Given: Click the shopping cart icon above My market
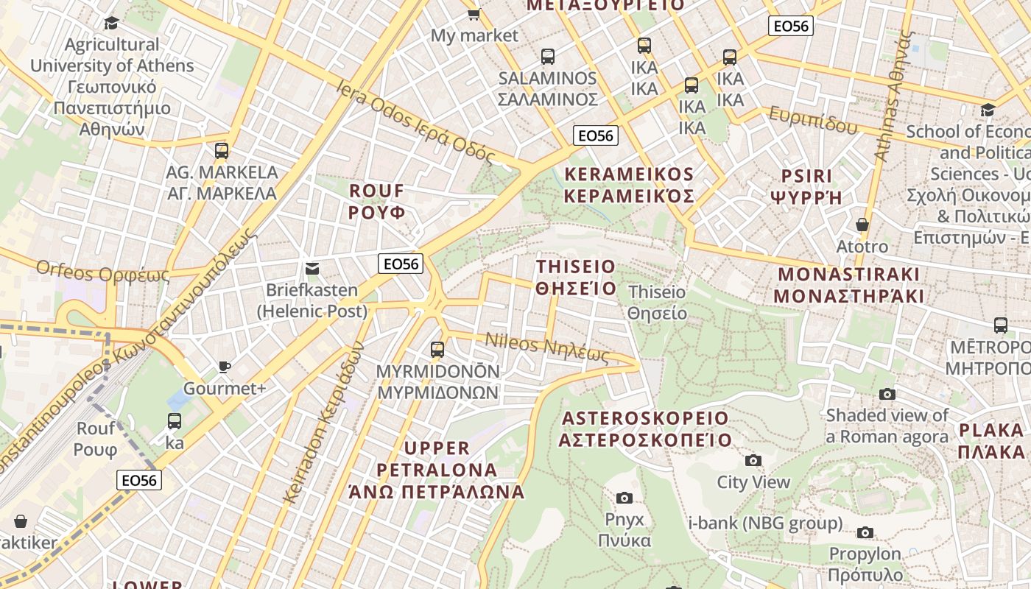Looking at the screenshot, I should (474, 14).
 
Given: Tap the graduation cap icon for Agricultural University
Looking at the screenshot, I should (111, 23).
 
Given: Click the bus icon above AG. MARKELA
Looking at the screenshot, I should (222, 151).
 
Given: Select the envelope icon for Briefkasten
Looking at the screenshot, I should (312, 269).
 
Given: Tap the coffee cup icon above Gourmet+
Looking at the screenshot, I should (225, 367).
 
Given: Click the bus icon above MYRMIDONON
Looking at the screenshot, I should (437, 350).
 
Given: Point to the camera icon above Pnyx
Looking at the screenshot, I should (624, 498).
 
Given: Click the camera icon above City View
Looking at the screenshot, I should (753, 461).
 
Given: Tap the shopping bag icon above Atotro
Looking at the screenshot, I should (862, 225).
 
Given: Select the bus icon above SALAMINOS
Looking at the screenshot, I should (547, 57).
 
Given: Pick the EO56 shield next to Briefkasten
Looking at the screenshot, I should (401, 264).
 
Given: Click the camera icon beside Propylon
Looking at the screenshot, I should (865, 532).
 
